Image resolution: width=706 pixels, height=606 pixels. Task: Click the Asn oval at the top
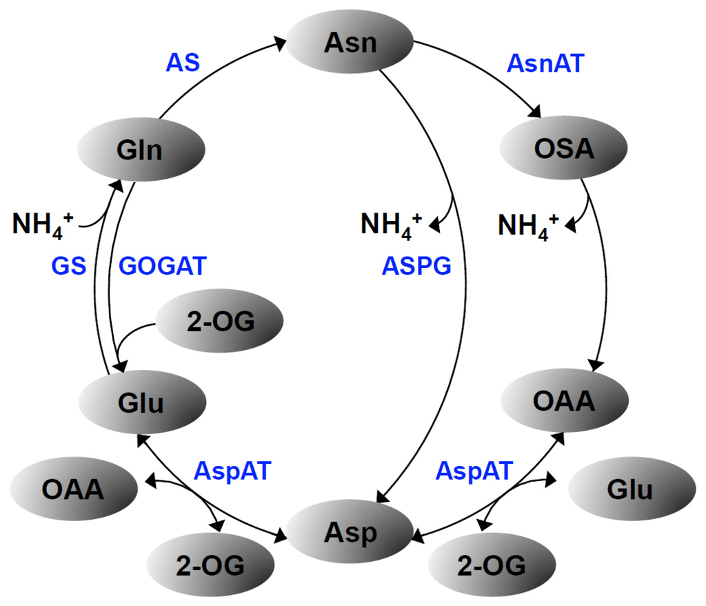[x=350, y=43]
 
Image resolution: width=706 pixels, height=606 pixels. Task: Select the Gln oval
[x=141, y=149]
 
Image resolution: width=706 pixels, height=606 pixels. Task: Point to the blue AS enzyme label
[x=183, y=63]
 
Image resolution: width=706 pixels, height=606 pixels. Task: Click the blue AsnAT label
[x=545, y=63]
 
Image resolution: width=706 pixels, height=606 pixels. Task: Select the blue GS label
[x=68, y=265]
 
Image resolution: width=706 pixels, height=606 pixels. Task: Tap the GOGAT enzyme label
[x=163, y=265]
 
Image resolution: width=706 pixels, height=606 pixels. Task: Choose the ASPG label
[x=416, y=265]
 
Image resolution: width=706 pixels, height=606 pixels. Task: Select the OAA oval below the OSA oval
[x=564, y=400]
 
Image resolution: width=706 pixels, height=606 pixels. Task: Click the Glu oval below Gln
[x=142, y=402]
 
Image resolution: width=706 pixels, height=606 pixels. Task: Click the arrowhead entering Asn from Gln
[x=281, y=44]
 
